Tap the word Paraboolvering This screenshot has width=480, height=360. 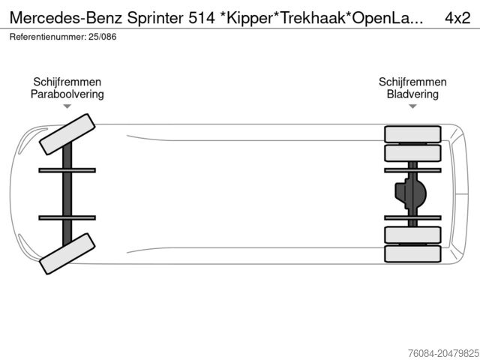coord(67,94)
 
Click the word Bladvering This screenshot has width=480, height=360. coord(412,94)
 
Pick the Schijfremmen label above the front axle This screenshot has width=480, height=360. coord(67,82)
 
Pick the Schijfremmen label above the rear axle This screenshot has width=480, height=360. coord(412,82)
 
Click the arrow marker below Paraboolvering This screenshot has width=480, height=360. coord(67,107)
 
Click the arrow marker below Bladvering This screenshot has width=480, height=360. coord(412,107)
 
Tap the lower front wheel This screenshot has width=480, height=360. coord(66,253)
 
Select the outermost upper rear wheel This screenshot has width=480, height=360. coord(412,134)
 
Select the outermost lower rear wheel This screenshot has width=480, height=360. coord(412,253)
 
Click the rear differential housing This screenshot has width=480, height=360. coord(411,194)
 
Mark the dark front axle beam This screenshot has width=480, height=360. coord(67,193)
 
